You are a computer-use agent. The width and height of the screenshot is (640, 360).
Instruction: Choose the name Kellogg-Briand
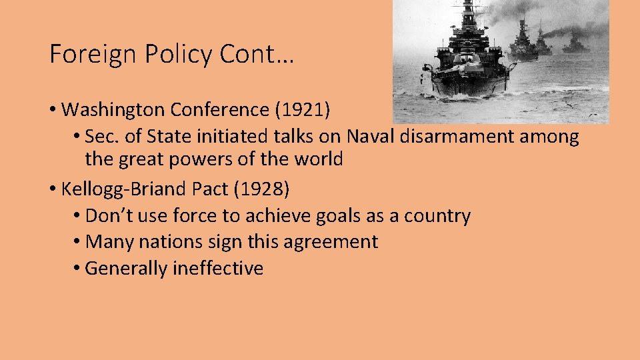(x=124, y=189)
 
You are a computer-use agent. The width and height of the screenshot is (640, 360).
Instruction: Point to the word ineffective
(x=218, y=268)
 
